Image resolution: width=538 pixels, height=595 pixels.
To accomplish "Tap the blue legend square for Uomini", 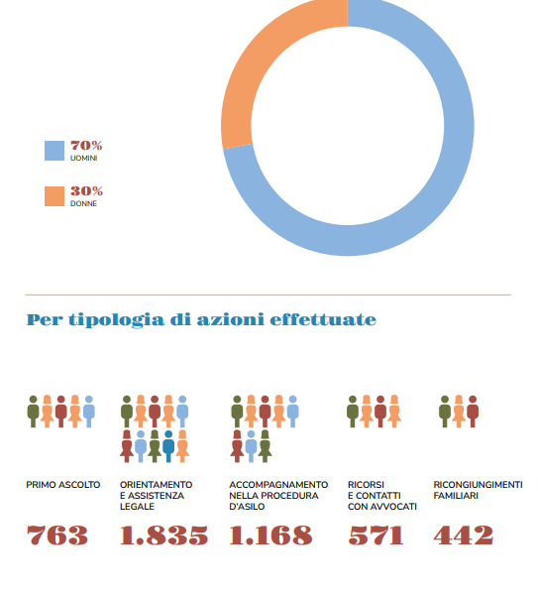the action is [54, 151].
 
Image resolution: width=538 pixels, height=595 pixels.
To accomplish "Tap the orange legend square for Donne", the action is [54, 196].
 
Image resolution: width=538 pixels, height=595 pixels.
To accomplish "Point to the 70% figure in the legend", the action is [86, 146].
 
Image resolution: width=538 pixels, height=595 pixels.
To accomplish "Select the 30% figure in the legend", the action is [86, 190].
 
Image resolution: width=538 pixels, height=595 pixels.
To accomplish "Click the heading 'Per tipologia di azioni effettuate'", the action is [201, 320].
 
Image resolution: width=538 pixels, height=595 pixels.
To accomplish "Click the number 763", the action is [56, 535].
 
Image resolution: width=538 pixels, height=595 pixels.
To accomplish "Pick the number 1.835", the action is [163, 535].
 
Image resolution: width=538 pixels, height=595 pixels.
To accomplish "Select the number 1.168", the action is [270, 535].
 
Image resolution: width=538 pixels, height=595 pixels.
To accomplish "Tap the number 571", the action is [376, 535].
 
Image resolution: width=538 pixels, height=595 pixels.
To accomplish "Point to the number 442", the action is [464, 535].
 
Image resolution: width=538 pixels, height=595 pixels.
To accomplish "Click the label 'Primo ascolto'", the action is [63, 485].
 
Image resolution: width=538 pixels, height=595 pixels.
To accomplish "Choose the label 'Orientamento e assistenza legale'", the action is [157, 496].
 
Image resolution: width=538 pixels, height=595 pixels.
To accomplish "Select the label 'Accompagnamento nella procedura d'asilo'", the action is [278, 496].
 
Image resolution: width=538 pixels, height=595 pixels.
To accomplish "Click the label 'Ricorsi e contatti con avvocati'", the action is [382, 496].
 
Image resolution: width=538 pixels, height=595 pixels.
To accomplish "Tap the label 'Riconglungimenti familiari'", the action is [479, 490].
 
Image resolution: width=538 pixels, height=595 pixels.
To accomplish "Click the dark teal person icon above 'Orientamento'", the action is [168, 446].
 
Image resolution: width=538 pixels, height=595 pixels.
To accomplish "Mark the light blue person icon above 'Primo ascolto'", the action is [89, 412].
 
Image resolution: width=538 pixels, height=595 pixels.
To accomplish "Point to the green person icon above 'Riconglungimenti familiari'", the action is [445, 412].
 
